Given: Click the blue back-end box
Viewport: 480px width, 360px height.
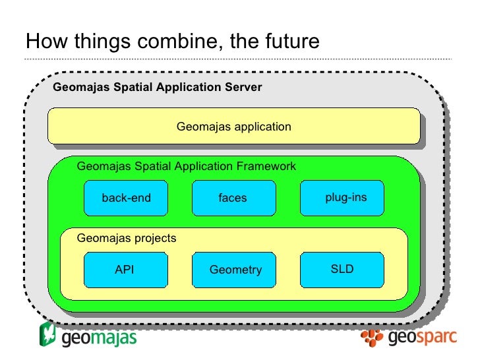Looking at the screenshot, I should [x=126, y=198].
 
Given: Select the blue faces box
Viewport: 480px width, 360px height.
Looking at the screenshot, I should [x=233, y=198].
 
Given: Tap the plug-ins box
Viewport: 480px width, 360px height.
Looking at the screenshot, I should [x=342, y=198].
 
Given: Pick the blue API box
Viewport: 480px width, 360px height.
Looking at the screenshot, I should [x=125, y=270].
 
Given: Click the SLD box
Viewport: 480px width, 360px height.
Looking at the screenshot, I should [x=342, y=270].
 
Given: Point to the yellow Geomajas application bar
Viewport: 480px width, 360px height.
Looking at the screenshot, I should [x=233, y=126].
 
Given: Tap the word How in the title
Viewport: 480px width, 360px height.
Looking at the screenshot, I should [x=43, y=42].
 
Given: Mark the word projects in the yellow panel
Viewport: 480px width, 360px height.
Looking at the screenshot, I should [x=156, y=238].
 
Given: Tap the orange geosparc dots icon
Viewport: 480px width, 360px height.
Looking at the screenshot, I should [x=373, y=338].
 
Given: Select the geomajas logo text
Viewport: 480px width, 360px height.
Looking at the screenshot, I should [x=99, y=339].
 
